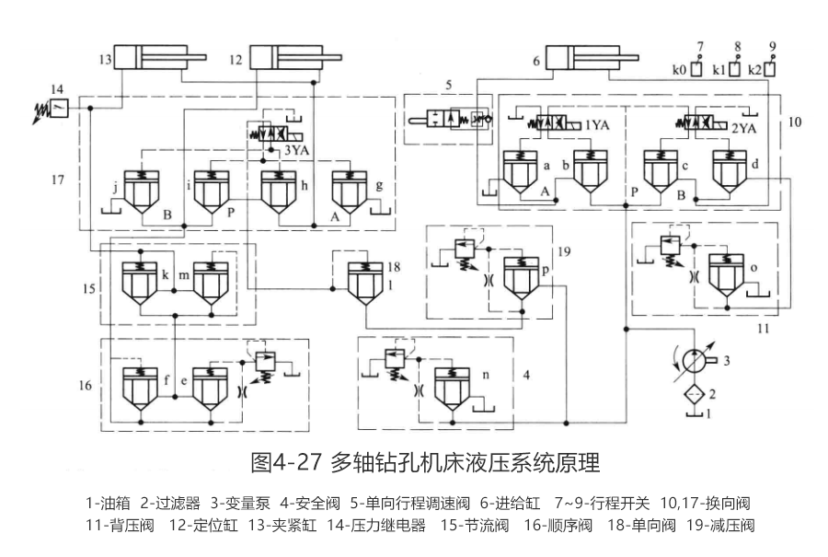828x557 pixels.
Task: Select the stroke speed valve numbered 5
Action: click(x=448, y=119)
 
